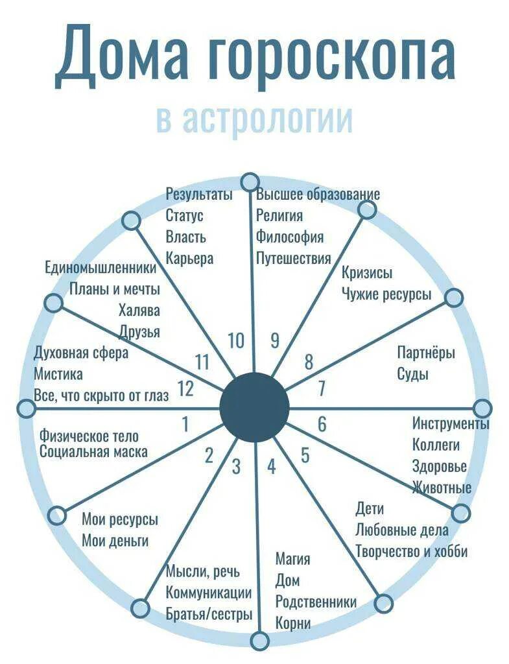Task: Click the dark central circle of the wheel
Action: tap(254, 407)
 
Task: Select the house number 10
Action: tap(236, 340)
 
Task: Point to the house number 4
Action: tap(271, 466)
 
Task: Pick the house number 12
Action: tap(185, 389)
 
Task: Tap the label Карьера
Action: tap(189, 258)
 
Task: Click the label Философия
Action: tap(289, 237)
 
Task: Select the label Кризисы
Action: tap(367, 273)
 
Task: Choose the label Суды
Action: tap(413, 374)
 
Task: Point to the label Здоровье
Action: tap(440, 466)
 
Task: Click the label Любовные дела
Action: tap(401, 530)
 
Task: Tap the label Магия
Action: tap(292, 559)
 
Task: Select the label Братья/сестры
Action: tap(209, 614)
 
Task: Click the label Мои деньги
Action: tap(115, 540)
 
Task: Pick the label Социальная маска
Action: tap(93, 452)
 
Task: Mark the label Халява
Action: tap(139, 310)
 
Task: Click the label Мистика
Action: tap(58, 374)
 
